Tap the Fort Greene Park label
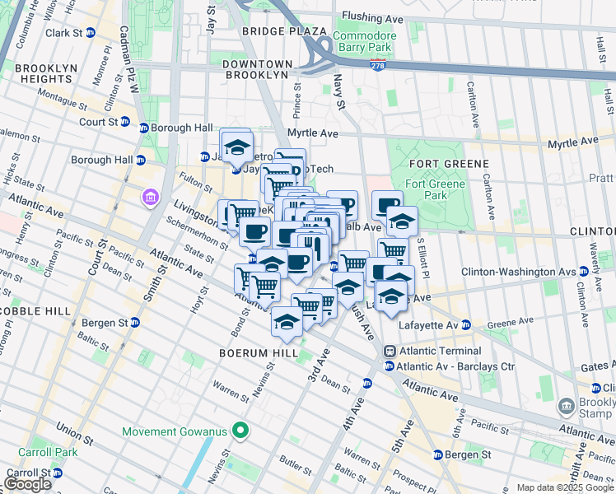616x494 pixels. click(x=426, y=189)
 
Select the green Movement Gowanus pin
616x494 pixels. click(x=240, y=431)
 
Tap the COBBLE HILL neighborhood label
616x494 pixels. click(x=30, y=312)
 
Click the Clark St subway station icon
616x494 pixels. click(x=91, y=33)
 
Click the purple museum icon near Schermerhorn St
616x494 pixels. click(x=148, y=198)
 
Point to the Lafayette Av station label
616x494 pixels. click(x=428, y=324)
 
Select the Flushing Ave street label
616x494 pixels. click(x=372, y=16)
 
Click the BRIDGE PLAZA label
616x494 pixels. click(x=273, y=30)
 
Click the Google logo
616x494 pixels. click(x=27, y=484)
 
